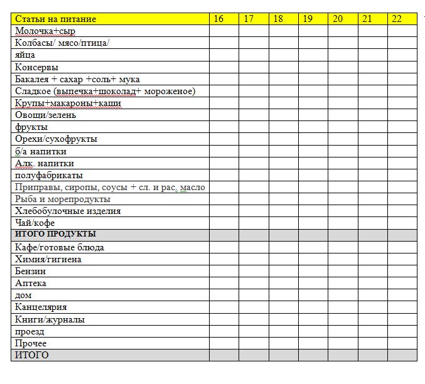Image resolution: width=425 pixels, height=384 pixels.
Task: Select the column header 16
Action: (x=218, y=19)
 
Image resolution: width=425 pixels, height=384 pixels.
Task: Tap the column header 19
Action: (x=308, y=19)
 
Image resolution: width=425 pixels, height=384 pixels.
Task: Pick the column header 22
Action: (x=396, y=19)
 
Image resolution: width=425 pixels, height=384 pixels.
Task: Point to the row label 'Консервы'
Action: (x=37, y=67)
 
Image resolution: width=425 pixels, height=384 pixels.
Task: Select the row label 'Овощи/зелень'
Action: (x=46, y=115)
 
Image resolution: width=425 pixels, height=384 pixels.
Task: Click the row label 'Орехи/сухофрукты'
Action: (x=56, y=139)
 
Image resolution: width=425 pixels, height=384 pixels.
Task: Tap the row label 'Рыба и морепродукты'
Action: (x=62, y=199)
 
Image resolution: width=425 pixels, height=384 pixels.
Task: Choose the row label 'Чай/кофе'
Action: (x=35, y=223)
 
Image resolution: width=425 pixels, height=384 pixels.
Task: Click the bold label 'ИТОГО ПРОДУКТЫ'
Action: (x=55, y=235)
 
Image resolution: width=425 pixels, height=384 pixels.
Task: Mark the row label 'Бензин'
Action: (x=30, y=272)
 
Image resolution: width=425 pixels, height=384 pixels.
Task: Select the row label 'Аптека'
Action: (x=30, y=284)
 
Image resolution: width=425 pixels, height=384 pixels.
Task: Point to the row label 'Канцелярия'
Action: (x=41, y=307)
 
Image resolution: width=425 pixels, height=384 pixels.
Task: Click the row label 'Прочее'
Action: (x=31, y=344)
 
